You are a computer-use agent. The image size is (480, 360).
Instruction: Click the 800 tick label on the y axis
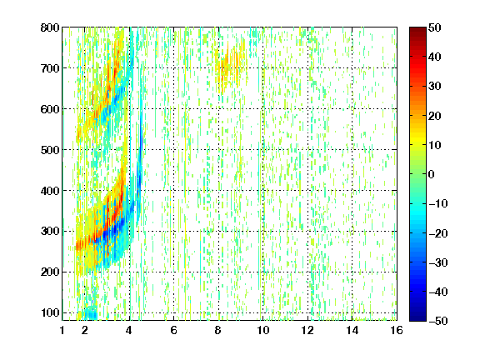click(x=50, y=27)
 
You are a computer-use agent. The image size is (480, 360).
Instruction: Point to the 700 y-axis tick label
click(x=50, y=68)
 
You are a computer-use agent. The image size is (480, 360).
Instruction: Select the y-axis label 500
click(x=50, y=150)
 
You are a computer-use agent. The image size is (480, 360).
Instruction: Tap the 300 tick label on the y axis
click(x=50, y=231)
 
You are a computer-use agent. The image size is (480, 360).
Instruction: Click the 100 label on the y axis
click(x=51, y=312)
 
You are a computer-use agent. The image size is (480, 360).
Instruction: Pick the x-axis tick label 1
click(x=62, y=330)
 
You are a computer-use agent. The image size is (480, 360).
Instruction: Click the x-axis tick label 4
click(x=129, y=330)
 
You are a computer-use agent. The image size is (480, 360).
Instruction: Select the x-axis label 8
click(x=217, y=330)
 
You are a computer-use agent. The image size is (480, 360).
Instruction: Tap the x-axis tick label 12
click(x=307, y=330)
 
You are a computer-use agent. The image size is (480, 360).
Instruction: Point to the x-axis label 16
click(x=397, y=330)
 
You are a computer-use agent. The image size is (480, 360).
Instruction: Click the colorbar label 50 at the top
click(x=435, y=27)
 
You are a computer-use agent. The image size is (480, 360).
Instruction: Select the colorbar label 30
click(x=435, y=86)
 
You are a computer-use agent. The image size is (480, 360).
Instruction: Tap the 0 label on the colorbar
click(x=432, y=174)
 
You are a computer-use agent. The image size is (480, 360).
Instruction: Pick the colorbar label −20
click(x=438, y=233)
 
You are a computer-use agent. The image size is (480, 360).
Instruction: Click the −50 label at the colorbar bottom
click(x=438, y=321)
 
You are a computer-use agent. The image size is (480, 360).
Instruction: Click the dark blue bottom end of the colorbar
click(x=417, y=318)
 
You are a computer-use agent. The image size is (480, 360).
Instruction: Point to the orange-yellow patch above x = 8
click(x=230, y=65)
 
